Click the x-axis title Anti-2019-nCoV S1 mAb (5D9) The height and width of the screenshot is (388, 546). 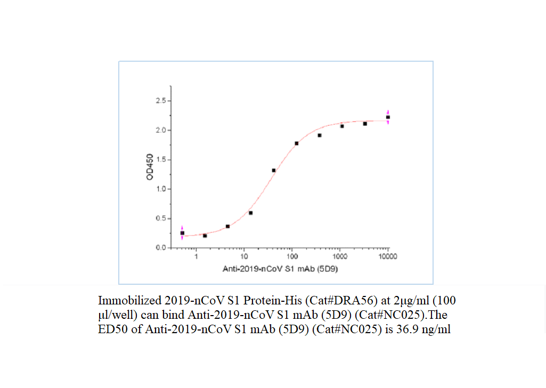point(280,269)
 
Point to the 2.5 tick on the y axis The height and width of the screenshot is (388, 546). point(160,101)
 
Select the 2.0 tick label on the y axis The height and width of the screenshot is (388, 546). point(160,130)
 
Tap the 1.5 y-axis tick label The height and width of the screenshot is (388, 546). point(160,160)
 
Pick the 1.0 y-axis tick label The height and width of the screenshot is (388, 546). point(160,189)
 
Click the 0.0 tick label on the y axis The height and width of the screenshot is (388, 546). point(160,248)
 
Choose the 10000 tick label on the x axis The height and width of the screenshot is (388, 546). point(387,257)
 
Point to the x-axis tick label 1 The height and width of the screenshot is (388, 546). point(197,257)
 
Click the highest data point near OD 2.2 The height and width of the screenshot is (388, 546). point(388,117)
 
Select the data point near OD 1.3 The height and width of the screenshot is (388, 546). point(274,170)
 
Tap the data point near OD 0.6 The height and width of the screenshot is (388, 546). point(250,213)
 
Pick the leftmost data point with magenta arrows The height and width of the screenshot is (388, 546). point(182,233)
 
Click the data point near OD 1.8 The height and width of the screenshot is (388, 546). point(297,143)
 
